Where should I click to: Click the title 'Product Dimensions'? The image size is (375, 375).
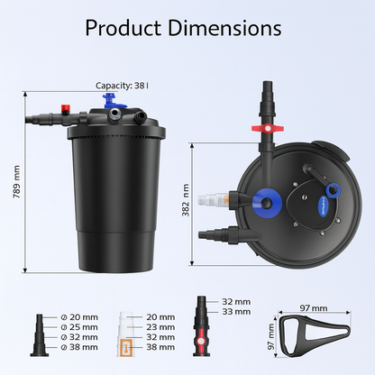(187, 27)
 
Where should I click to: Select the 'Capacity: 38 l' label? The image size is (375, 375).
(123, 86)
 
